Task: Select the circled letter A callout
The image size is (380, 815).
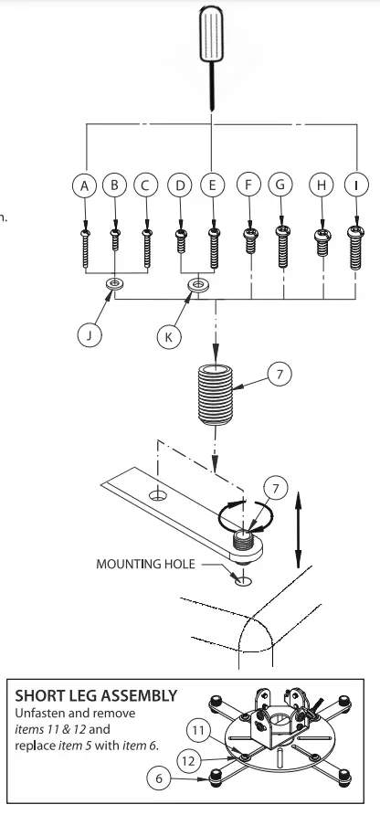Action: [85, 185]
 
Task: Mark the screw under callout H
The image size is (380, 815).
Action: [322, 241]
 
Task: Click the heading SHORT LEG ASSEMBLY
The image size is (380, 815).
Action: [96, 694]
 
